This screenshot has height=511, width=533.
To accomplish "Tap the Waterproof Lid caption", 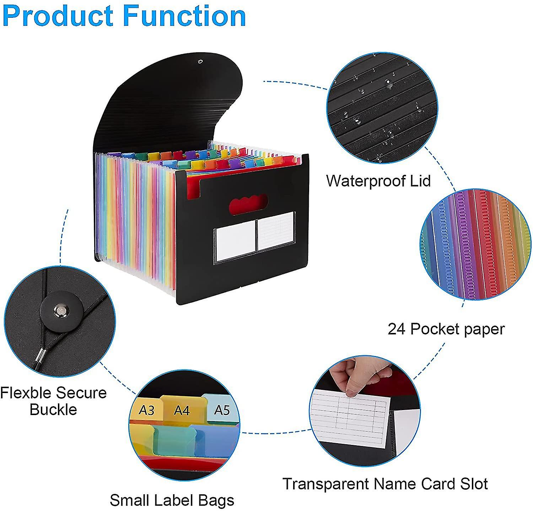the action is pyautogui.click(x=378, y=181).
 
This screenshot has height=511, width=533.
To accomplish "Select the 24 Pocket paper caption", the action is pyautogui.click(x=446, y=329).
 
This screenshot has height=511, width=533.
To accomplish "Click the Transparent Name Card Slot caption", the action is pyautogui.click(x=385, y=484).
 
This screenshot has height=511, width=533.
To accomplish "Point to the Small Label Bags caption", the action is pyautogui.click(x=172, y=500).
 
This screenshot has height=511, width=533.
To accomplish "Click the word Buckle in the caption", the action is pyautogui.click(x=53, y=409).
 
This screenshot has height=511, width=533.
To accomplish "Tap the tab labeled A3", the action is pyautogui.click(x=146, y=410).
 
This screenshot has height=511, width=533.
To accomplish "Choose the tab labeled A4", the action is pyautogui.click(x=182, y=410).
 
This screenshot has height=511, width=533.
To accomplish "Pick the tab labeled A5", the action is pyautogui.click(x=222, y=410).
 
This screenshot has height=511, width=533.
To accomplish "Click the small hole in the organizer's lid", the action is pyautogui.click(x=200, y=62).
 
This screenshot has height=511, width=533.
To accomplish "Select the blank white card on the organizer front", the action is pyautogui.click(x=235, y=241).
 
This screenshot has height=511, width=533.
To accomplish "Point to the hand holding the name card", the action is pyautogui.click(x=355, y=377).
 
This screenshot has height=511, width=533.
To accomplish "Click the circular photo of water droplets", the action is pyautogui.click(x=382, y=107).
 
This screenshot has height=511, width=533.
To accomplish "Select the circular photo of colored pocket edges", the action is pyautogui.click(x=475, y=244).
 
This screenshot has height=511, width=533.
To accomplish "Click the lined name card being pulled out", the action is pyautogui.click(x=350, y=416).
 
